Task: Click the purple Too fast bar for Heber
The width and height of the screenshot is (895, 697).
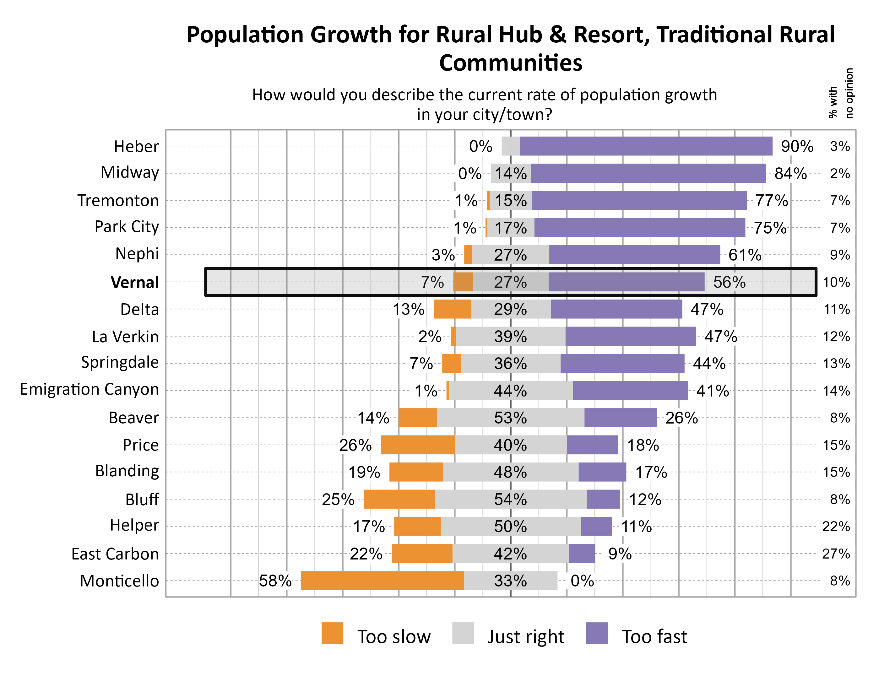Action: click(646, 146)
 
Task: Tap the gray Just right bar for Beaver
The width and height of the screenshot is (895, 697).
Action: click(510, 418)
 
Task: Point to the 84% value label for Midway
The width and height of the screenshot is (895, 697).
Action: click(790, 174)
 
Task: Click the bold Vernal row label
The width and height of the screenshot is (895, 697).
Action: click(134, 282)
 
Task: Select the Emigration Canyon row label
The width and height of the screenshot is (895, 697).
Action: click(89, 389)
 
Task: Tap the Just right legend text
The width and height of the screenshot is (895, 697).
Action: click(526, 636)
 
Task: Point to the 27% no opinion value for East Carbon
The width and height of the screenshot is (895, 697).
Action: click(836, 554)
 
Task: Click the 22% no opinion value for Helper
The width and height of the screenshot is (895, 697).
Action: click(836, 527)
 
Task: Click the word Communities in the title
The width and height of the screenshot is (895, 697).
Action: click(511, 63)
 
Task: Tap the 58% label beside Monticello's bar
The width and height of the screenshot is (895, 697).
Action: click(275, 581)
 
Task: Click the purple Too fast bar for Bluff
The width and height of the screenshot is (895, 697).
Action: click(603, 499)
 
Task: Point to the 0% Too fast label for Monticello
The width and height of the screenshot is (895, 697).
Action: click(582, 581)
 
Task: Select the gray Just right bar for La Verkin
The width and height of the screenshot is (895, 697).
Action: click(510, 336)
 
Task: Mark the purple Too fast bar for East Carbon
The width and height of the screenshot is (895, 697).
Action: click(582, 554)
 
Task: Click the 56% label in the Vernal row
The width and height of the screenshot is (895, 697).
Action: click(729, 282)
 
